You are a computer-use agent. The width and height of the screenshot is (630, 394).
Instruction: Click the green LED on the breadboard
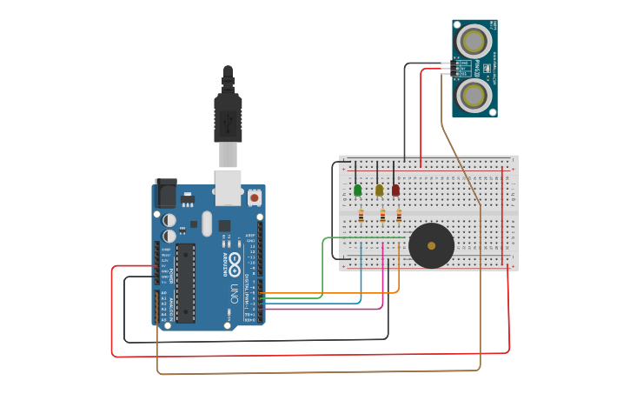[x=357, y=190]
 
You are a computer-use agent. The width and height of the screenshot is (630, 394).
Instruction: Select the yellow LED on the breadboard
[x=379, y=190]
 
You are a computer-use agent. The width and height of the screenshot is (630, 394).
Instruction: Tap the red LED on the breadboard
[x=395, y=190]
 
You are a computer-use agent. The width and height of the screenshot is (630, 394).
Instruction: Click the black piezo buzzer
[x=431, y=245]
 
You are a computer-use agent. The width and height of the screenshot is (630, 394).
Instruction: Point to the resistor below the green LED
[x=361, y=216]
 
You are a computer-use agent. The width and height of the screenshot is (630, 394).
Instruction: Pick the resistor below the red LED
[x=399, y=216]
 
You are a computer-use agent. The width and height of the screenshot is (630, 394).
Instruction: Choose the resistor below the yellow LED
[x=382, y=216]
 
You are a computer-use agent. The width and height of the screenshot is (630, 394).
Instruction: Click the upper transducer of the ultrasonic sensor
[x=474, y=40]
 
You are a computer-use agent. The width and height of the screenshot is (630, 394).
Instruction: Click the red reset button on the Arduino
[x=254, y=197]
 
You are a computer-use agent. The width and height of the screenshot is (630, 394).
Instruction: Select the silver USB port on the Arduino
[x=228, y=186]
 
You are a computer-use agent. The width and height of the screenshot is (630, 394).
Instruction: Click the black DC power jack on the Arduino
[x=165, y=193]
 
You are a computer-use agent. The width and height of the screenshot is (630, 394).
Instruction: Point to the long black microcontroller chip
[x=185, y=283]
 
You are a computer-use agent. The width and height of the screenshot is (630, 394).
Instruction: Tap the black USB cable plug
[x=228, y=117]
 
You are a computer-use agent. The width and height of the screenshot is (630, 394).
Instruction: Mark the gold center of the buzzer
[x=431, y=246]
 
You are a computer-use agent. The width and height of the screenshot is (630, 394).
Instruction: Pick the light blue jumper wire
[x=361, y=283]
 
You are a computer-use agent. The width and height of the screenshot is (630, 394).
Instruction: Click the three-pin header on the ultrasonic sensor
[x=447, y=68]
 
